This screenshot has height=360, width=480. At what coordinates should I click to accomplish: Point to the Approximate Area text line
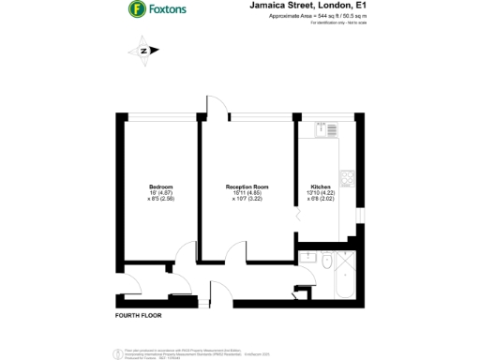305,17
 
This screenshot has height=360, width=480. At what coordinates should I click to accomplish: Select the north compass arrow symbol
144,51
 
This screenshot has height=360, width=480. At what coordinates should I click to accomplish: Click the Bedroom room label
160,187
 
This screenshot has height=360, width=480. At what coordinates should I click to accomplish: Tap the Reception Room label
247,187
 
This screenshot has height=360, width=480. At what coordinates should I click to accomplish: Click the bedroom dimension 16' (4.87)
160,193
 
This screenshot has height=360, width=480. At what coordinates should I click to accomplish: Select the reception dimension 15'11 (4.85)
247,193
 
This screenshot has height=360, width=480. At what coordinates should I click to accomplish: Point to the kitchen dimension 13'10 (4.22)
320,193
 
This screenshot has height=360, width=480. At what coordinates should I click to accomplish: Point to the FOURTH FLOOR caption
140,316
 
